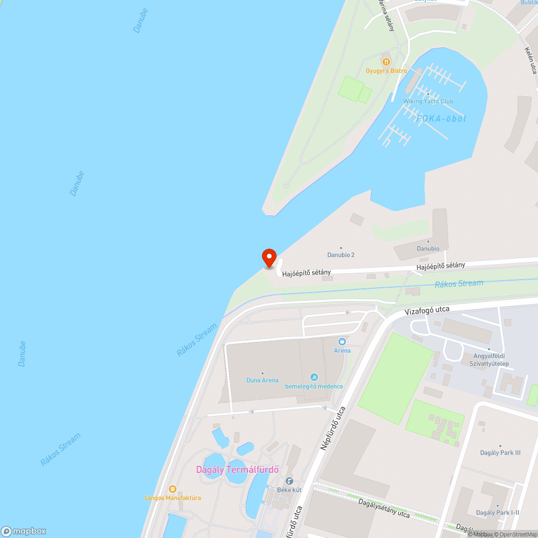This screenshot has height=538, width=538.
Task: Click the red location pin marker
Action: click(x=268, y=258)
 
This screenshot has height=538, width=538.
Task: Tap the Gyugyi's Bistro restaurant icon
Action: click(x=386, y=61)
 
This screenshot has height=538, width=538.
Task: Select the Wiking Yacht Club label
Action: click(x=428, y=101)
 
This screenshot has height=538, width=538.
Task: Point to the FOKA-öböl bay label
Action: click(x=441, y=118)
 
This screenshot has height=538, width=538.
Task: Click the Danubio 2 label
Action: click(x=341, y=254)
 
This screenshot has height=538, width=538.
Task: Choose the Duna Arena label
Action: click(x=263, y=380)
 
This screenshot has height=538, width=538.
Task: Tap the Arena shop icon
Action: click(x=342, y=342)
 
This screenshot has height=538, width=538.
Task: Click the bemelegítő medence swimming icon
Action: click(x=314, y=377)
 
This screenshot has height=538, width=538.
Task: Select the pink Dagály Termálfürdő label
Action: click(x=237, y=469)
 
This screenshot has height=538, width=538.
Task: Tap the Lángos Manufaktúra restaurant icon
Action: click(x=172, y=489)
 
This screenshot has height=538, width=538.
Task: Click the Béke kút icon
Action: click(x=289, y=481)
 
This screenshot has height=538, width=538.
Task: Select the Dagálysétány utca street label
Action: click(x=384, y=508)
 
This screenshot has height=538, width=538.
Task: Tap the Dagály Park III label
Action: click(x=500, y=452)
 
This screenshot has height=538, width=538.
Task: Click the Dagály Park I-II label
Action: click(x=498, y=512)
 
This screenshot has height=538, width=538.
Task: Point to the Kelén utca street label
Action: click(x=530, y=60)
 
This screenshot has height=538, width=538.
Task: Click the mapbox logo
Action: click(x=24, y=531)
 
